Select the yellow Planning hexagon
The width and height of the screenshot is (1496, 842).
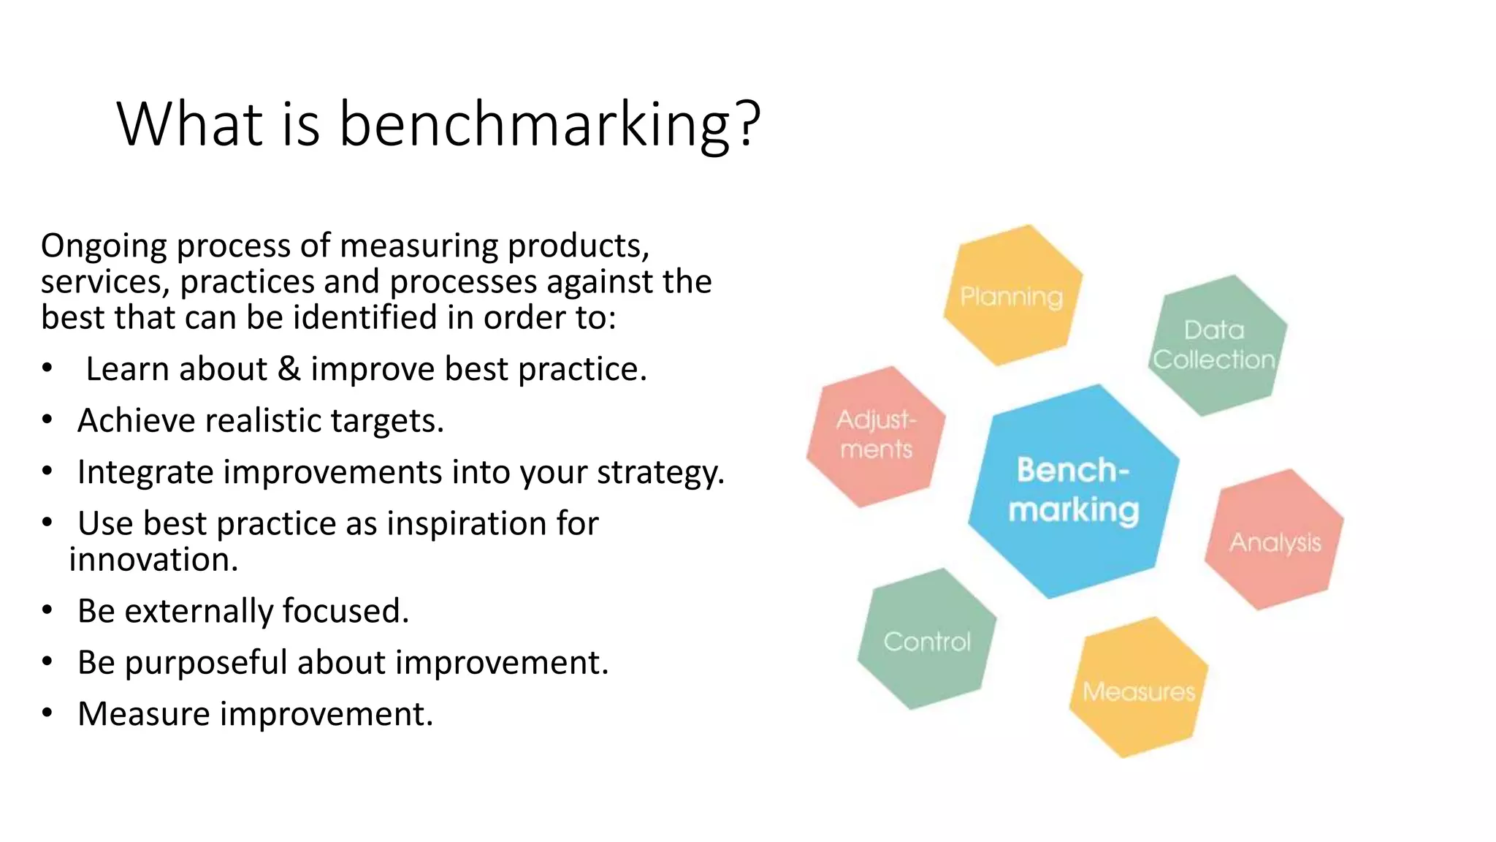pos(1012,295)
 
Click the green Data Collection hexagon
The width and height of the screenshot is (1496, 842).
pos(1216,345)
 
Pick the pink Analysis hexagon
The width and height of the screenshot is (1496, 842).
pos(1275,540)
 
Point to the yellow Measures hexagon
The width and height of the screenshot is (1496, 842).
pos(1138,688)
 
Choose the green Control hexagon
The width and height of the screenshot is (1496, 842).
pos(927,640)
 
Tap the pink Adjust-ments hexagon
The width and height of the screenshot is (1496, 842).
pos(876,436)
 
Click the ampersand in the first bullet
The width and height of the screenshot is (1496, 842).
pos(289,369)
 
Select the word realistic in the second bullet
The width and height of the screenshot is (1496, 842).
pos(262,421)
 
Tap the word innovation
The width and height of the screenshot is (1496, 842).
pos(153,560)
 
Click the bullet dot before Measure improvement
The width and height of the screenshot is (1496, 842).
pos(47,713)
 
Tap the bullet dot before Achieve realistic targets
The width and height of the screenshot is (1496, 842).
pos(47,420)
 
